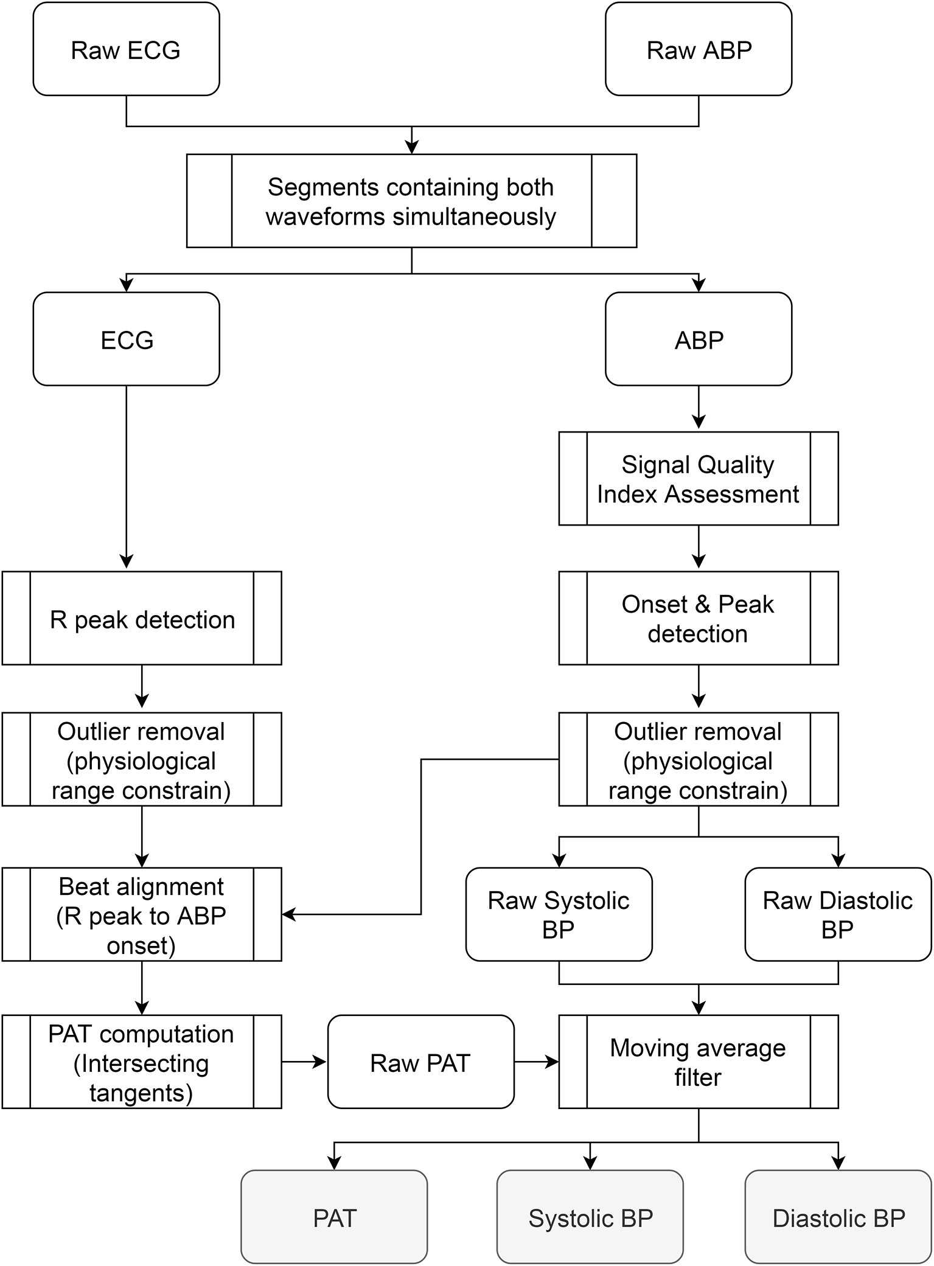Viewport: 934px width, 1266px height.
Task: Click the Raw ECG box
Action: click(x=126, y=50)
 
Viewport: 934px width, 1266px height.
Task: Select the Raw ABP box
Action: click(x=699, y=50)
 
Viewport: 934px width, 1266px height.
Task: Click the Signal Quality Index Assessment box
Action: click(x=698, y=479)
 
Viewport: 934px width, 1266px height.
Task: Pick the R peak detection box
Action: click(x=142, y=619)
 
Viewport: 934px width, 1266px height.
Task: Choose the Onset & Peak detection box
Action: click(x=698, y=618)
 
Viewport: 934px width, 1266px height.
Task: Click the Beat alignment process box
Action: click(x=142, y=916)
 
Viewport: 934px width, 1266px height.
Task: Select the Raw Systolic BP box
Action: click(x=559, y=915)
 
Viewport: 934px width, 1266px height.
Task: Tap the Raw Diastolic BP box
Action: click(x=837, y=915)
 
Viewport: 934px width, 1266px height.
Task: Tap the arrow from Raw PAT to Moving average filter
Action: click(x=537, y=1062)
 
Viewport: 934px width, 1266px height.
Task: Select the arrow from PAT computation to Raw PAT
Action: click(x=304, y=1062)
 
